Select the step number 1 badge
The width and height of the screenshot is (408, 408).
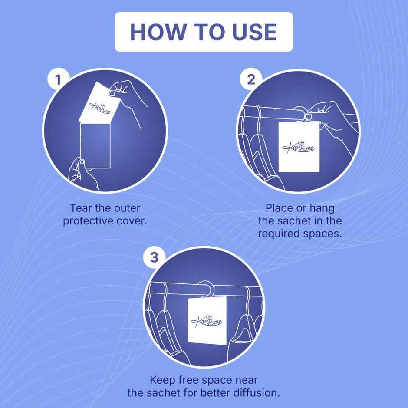click(x=58, y=79)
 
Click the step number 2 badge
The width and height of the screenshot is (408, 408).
click(x=251, y=79)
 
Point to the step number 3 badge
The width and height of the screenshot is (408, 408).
click(x=154, y=257)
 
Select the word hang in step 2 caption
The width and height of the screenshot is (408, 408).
click(x=322, y=209)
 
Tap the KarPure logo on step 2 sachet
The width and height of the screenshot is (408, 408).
click(x=299, y=147)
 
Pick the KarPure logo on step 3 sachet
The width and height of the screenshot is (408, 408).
click(x=207, y=321)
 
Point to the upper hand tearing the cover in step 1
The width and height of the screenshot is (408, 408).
click(x=128, y=99)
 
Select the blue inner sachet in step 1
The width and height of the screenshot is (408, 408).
click(x=95, y=146)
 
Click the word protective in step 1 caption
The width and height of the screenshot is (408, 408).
click(x=88, y=221)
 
